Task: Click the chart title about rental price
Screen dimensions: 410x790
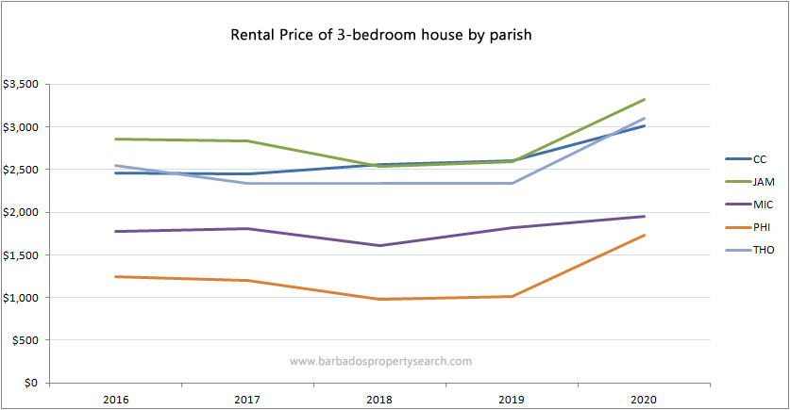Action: (383, 36)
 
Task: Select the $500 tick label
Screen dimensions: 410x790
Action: (25, 340)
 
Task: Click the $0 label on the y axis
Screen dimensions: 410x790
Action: (31, 384)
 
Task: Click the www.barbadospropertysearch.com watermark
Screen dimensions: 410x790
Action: (380, 361)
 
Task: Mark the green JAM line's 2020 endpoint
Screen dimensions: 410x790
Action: (644, 99)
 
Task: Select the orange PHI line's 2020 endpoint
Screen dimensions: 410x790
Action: (644, 236)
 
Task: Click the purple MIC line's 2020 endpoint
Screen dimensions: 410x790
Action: (644, 217)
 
